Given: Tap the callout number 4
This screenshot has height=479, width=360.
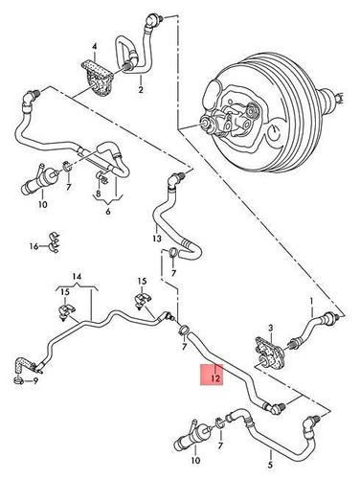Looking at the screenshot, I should click(x=95, y=46).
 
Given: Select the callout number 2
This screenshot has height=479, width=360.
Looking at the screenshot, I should click(x=140, y=90).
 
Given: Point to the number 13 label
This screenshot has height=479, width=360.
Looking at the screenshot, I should click(x=157, y=237).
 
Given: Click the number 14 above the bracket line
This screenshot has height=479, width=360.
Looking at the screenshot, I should click(x=77, y=274).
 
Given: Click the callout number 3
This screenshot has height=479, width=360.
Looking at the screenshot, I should click(x=271, y=327).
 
